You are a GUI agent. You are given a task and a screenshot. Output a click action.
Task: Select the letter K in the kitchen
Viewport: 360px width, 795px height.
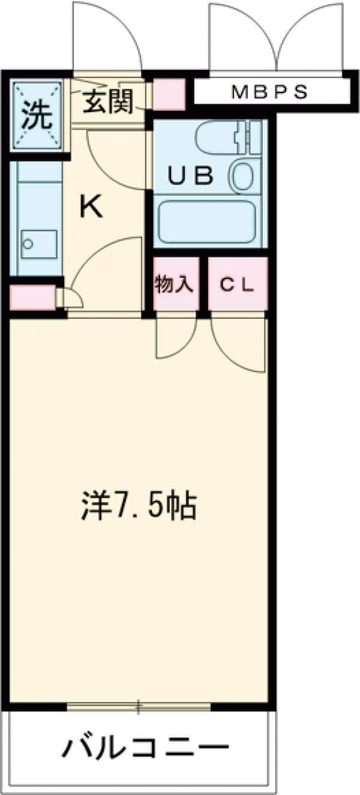click(x=91, y=208)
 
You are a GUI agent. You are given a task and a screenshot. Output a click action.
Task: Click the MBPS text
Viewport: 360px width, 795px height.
click(x=269, y=92)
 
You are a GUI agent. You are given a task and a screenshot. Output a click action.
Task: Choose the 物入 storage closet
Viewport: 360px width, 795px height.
click(x=175, y=284)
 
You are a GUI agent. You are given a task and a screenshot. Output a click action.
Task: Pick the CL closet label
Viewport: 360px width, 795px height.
click(x=236, y=284)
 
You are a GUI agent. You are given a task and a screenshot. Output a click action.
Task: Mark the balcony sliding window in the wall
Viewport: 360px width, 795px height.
click(x=139, y=707)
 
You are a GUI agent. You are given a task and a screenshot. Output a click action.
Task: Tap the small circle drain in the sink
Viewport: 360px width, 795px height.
click(x=26, y=244)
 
